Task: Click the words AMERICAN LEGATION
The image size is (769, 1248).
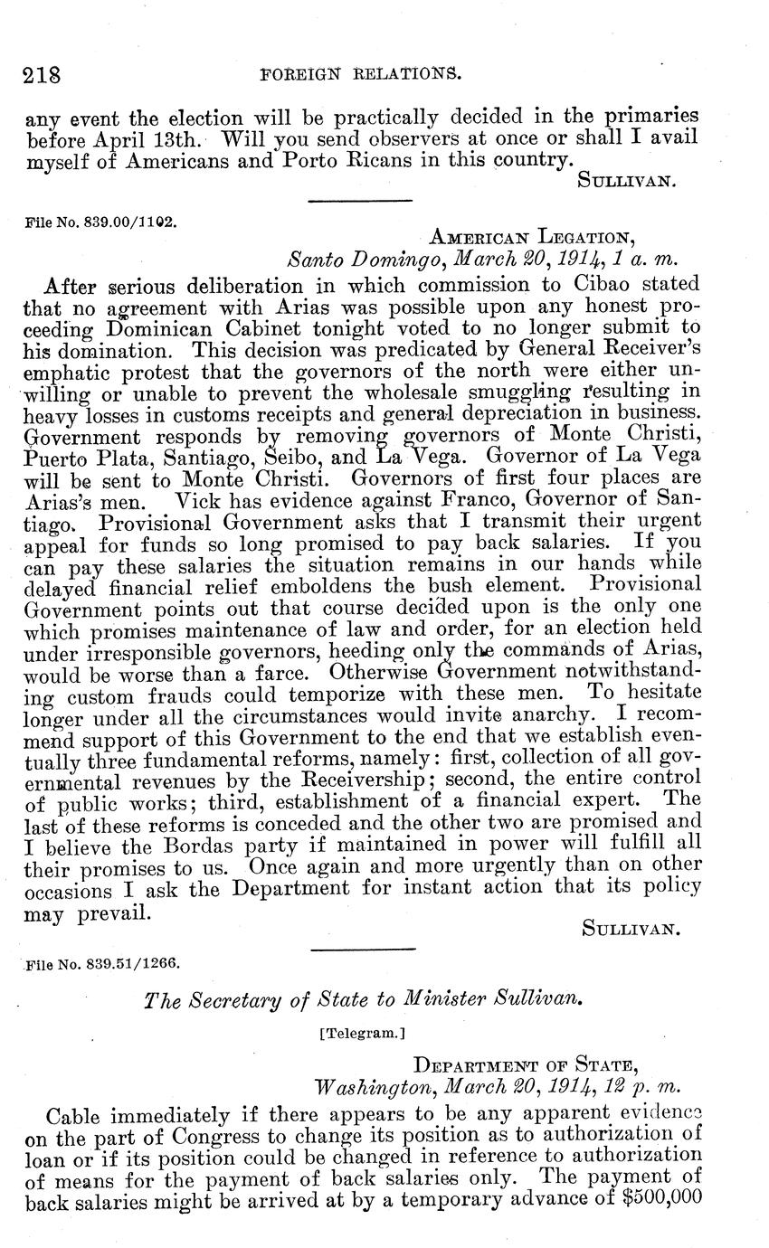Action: pyautogui.click(x=533, y=238)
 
